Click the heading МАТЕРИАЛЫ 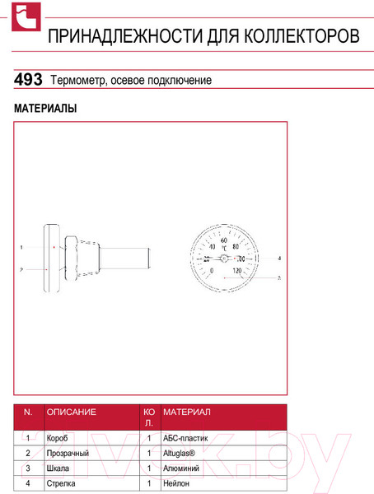[x=45, y=109]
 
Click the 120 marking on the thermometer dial [x=237, y=270]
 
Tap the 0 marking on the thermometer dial [x=212, y=270]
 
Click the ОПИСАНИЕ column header [x=72, y=412]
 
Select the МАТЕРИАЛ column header [x=187, y=412]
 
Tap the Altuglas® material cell [x=180, y=453]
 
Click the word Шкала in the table [x=58, y=468]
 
